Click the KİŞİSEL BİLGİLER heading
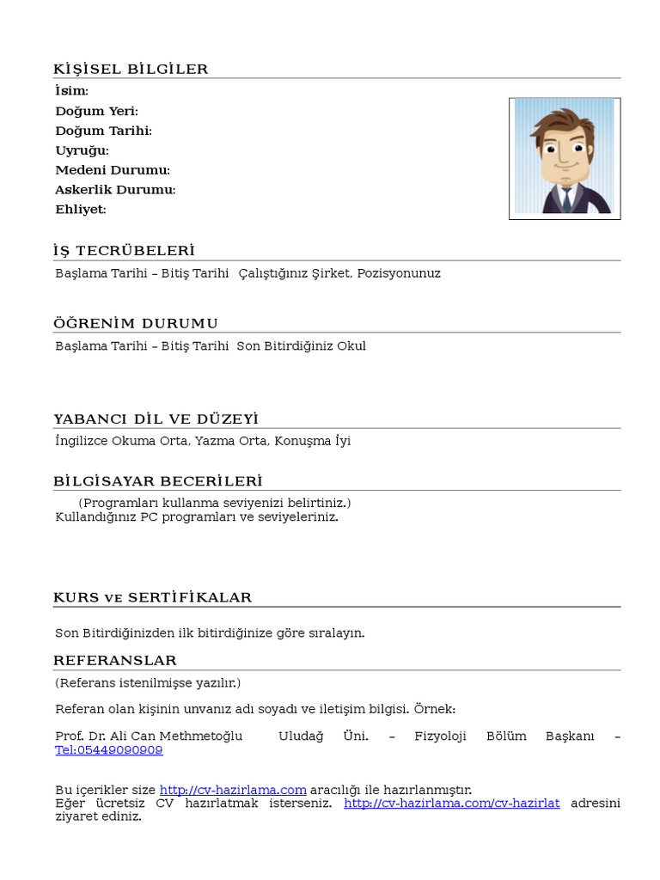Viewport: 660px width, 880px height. coord(131,70)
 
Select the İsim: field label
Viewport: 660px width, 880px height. coord(71,91)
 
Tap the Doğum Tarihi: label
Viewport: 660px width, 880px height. coord(103,131)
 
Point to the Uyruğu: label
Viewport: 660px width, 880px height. coord(82,150)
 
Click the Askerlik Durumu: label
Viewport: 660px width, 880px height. coord(115,190)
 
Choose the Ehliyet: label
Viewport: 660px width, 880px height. coord(80,210)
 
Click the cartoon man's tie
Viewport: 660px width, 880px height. coord(565,197)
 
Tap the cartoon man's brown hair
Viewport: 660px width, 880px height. coord(560,122)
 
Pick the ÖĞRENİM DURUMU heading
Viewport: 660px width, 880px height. coord(136,323)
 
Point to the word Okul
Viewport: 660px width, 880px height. coord(352,346)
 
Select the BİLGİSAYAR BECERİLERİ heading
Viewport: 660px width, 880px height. coord(157,481)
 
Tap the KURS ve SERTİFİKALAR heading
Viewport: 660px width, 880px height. coord(152,597)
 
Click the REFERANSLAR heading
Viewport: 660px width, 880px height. coord(115,661)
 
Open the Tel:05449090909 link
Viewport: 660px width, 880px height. coord(108,750)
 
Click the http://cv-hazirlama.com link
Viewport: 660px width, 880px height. coord(233,790)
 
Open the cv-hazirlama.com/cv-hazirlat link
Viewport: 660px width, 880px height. coord(451,803)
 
